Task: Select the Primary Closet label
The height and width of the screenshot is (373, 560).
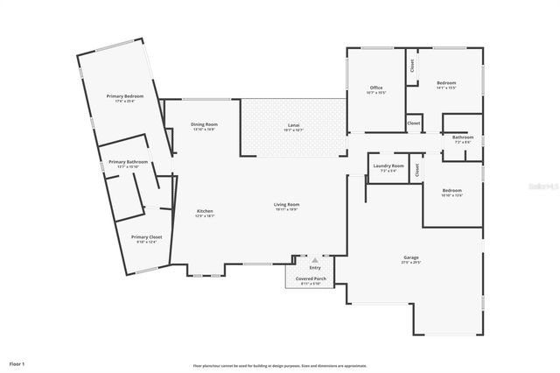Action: pos(146,239)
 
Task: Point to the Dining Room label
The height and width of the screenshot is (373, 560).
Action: pos(204,126)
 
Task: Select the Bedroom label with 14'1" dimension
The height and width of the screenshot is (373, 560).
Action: pos(446,85)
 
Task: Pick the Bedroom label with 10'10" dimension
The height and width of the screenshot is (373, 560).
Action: pos(451,193)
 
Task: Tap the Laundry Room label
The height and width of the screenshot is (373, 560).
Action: pos(388,167)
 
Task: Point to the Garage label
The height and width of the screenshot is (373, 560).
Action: pos(411,259)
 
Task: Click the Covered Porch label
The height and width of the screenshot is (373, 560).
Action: pos(310,280)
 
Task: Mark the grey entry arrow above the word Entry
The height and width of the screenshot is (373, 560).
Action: pos(315,260)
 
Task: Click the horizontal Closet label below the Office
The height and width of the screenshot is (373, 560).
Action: pos(414,124)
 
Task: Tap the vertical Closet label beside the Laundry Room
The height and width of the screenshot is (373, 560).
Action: pos(417,170)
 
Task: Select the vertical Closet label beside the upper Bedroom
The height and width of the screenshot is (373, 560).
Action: pos(411,66)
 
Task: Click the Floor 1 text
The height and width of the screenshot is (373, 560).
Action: pos(17,362)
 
